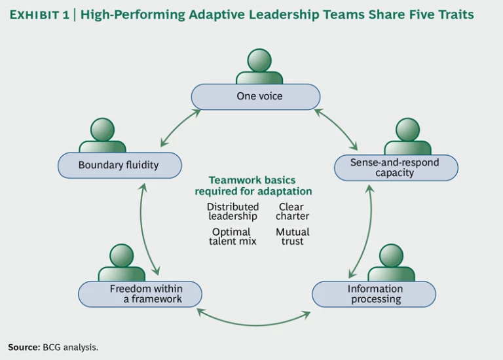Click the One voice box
255,97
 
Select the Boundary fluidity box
119,165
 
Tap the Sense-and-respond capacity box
395,168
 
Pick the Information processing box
374,294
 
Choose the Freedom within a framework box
140,294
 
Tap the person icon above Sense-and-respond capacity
407,136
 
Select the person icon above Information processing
391,262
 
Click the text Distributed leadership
233,211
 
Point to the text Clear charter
292,211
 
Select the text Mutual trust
292,236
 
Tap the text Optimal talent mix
233,236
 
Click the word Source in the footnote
24,347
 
